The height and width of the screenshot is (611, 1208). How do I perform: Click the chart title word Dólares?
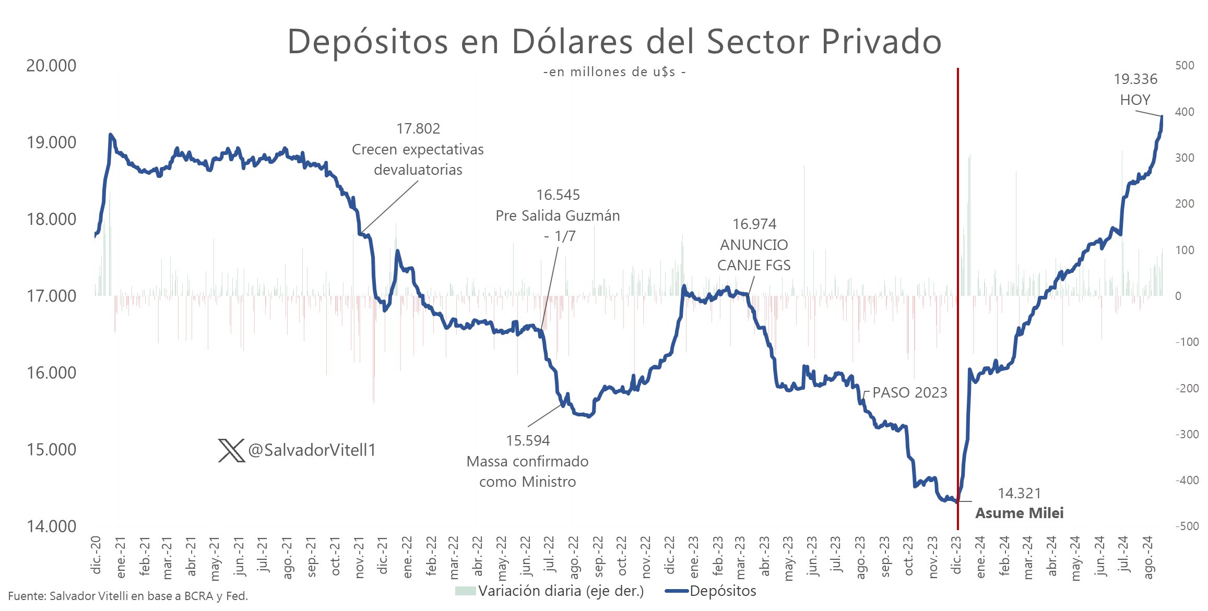[x=572, y=41]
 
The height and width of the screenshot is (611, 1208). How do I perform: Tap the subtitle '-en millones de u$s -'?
[x=614, y=72]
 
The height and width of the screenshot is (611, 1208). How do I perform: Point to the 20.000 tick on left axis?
[x=51, y=66]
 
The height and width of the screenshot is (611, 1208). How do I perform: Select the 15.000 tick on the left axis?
[x=51, y=450]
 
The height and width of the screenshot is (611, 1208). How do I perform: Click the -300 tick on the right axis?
[x=1187, y=434]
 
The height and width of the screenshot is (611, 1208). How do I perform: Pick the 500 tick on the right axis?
[x=1185, y=66]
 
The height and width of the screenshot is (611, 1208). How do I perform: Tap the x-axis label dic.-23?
[x=957, y=556]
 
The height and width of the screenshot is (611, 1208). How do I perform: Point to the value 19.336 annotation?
[x=1135, y=79]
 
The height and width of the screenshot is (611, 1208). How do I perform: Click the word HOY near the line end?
[x=1135, y=100]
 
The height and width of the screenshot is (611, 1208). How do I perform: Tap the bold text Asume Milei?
[x=1019, y=513]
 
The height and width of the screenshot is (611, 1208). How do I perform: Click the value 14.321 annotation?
[x=1019, y=494]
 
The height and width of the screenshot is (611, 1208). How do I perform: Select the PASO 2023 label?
[x=909, y=393]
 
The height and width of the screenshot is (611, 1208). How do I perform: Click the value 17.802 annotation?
[x=418, y=129]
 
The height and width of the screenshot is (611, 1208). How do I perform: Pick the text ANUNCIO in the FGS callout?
[x=754, y=245]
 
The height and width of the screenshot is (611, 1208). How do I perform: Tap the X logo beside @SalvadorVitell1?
[x=231, y=450]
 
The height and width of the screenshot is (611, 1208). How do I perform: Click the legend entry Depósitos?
[x=723, y=591]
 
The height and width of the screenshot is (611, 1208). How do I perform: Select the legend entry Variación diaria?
[x=560, y=591]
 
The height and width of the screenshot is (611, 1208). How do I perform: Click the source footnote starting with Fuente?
[x=128, y=596]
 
